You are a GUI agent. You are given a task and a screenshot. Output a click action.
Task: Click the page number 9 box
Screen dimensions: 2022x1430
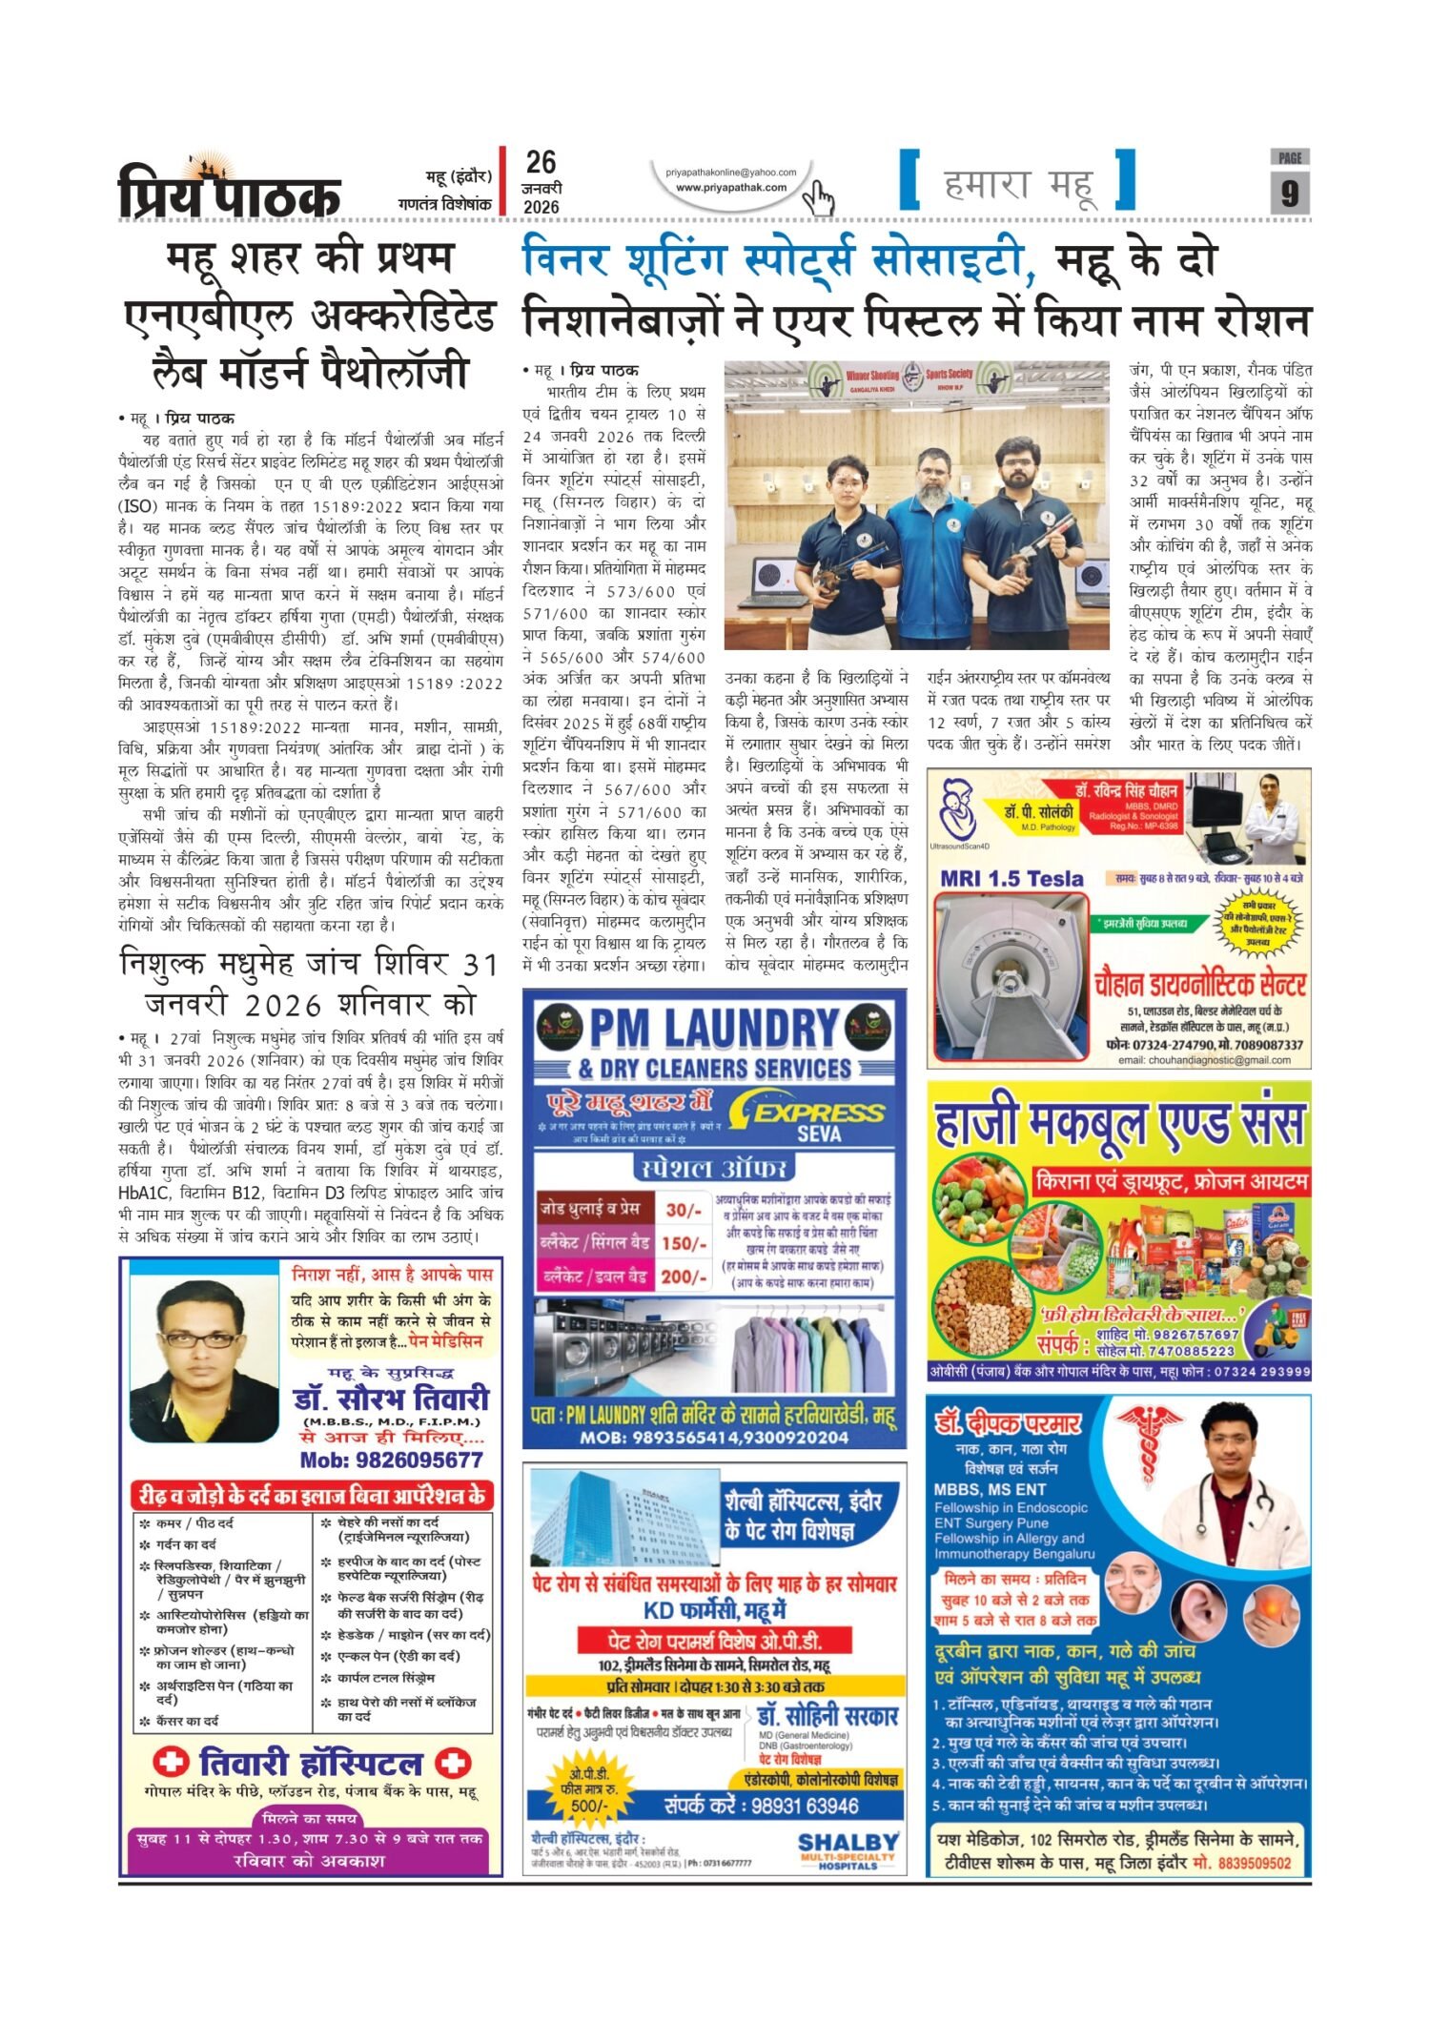point(1289,193)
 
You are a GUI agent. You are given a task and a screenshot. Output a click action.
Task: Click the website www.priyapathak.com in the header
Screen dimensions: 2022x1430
point(731,187)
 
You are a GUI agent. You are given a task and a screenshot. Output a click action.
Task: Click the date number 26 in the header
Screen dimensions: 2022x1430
point(541,162)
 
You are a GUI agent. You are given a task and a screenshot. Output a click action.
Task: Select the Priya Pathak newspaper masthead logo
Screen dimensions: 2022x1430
point(229,191)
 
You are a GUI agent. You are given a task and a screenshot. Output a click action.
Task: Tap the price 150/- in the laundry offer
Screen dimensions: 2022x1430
point(683,1243)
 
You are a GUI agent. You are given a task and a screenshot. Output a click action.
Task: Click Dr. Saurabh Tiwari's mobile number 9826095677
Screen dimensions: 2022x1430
point(391,1460)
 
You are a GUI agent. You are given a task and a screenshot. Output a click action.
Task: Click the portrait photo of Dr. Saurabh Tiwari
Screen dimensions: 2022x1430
point(203,1358)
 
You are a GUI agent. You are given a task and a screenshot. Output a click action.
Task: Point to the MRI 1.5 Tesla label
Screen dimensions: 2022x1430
point(1011,878)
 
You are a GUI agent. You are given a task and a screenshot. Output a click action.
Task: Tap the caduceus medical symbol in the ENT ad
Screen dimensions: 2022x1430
point(1149,1444)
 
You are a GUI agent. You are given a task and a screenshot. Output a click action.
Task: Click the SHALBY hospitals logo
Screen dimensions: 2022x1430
point(848,1848)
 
